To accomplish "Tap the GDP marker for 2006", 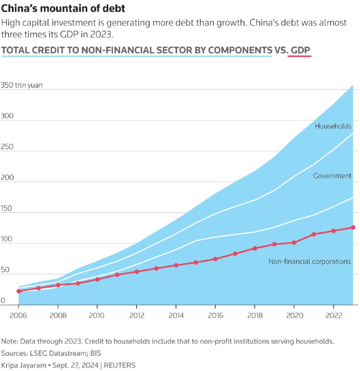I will [19, 291].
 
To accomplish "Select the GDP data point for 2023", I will [353, 227].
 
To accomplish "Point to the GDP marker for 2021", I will [314, 234].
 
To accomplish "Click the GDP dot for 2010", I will [97, 279].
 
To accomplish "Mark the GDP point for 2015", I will [196, 262].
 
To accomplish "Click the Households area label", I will [333, 126].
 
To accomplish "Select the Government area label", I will [332, 176].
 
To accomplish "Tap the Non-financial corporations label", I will [309, 262].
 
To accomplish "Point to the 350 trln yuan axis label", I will [22, 85].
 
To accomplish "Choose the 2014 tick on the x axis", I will [176, 316].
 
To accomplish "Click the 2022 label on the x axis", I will [333, 316].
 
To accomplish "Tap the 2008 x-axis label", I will [58, 316].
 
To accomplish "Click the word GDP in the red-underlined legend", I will [300, 50].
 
